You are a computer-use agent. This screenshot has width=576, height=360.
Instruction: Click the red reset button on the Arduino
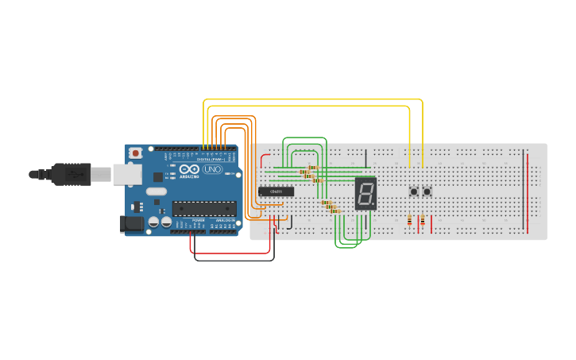[136, 153]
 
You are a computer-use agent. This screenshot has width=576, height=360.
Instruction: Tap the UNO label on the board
[213, 169]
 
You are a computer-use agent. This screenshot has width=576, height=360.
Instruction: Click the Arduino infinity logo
[189, 169]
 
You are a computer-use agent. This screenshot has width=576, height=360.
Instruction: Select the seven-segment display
[365, 193]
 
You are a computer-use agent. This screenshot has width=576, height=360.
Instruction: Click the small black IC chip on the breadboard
[276, 192]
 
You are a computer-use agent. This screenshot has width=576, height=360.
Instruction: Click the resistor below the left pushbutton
[409, 220]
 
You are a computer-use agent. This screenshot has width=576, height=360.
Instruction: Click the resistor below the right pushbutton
[422, 220]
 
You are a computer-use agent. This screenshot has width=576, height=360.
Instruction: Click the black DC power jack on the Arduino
[133, 224]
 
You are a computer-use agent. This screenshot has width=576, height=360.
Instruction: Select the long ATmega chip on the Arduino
[205, 209]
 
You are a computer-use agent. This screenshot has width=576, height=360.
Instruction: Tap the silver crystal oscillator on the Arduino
[157, 192]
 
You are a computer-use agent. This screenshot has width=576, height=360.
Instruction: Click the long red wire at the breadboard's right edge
[526, 191]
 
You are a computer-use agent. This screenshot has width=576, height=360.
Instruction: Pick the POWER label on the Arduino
[197, 220]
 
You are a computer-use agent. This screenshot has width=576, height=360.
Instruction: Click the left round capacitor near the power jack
[154, 223]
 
